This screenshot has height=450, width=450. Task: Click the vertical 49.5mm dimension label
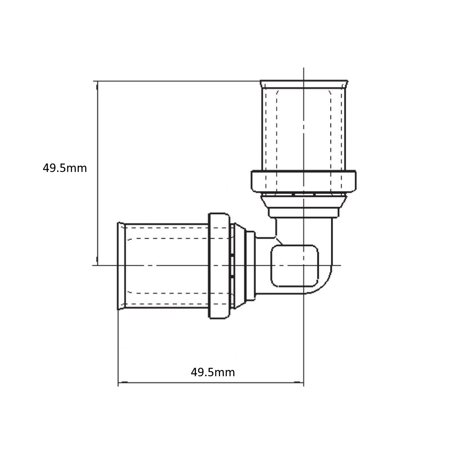click(x=65, y=168)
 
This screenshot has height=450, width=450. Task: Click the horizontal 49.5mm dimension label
click(x=213, y=372)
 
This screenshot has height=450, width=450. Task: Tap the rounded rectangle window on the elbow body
click(x=295, y=266)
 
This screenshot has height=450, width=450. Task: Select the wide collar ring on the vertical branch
click(x=304, y=181)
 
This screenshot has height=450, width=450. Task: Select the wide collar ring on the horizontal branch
click(x=219, y=266)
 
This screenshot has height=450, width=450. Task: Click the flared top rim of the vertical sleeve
click(x=304, y=84)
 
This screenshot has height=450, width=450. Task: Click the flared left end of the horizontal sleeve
click(x=121, y=266)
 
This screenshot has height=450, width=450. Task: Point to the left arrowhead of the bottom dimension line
click(x=122, y=382)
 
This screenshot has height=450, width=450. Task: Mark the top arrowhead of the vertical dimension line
click(x=97, y=85)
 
